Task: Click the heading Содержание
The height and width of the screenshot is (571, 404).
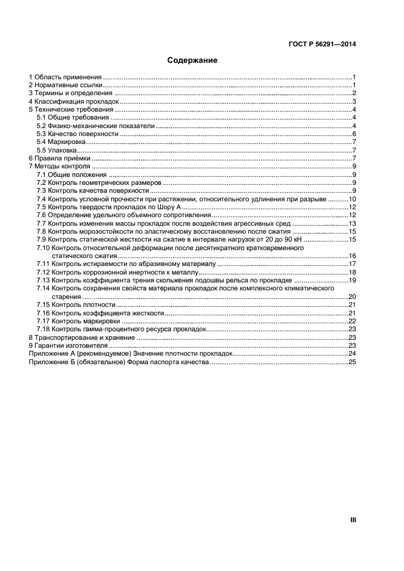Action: pos(193,61)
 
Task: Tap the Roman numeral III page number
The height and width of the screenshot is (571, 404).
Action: pos(353,520)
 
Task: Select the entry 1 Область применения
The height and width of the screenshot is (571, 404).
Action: pos(65,77)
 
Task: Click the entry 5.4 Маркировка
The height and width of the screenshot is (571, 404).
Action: pos(60,142)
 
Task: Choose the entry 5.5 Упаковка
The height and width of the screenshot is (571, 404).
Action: pos(56,150)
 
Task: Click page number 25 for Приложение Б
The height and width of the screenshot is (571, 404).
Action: pos(352,362)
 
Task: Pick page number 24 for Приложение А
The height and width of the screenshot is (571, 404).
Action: pos(352,354)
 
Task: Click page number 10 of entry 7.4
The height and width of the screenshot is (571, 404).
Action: pos(352,199)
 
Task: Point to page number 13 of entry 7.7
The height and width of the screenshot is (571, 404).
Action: pos(352,224)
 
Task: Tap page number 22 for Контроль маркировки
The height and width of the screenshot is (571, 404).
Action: pos(352,321)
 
